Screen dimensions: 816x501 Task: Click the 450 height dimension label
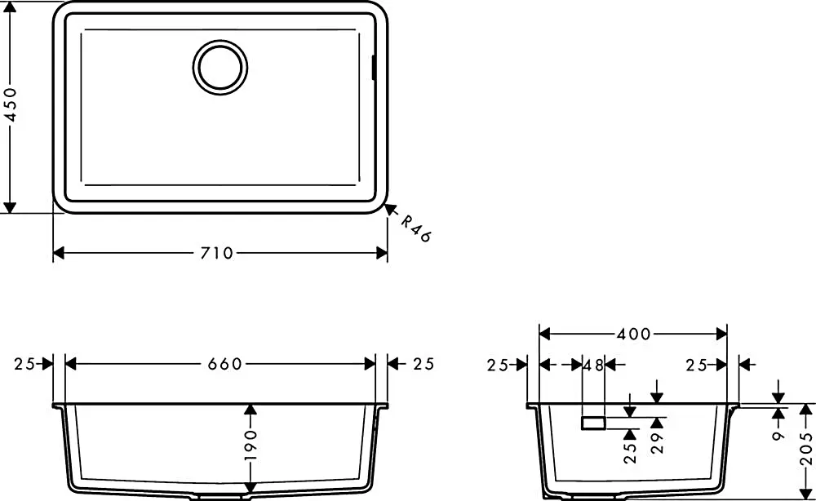click(11, 104)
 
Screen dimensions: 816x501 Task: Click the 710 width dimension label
click(217, 254)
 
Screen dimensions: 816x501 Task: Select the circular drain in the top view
click(220, 68)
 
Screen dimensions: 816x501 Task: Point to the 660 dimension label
click(225, 364)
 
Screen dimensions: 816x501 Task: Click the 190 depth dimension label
click(251, 445)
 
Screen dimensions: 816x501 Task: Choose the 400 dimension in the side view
click(633, 334)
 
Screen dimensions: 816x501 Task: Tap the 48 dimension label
click(593, 366)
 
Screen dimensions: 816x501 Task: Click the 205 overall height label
click(805, 449)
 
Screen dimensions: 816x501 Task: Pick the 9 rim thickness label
click(778, 435)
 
